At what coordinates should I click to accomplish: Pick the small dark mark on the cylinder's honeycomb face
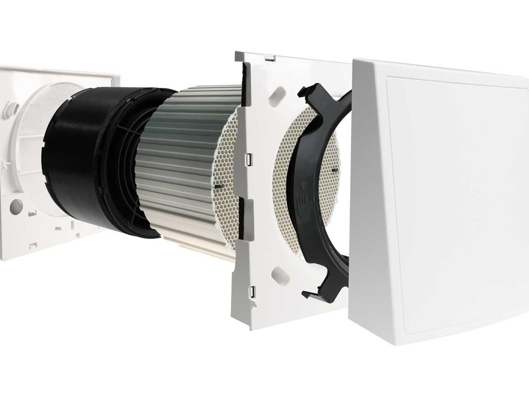217,186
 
